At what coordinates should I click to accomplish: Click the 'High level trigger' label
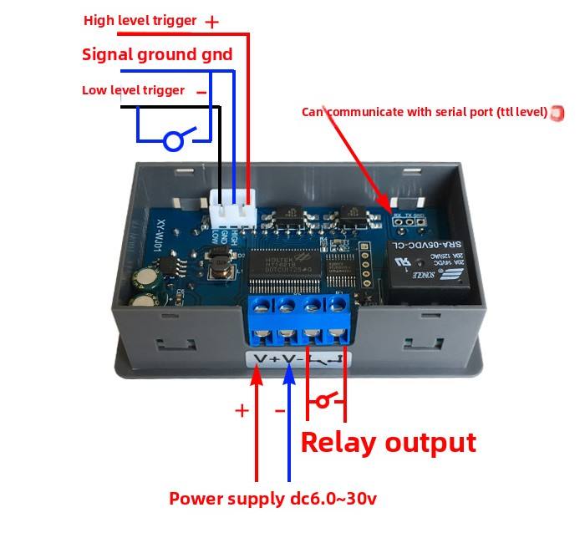click(x=140, y=20)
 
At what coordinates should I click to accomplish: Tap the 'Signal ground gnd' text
click(x=157, y=55)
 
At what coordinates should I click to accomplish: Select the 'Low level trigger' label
click(x=133, y=90)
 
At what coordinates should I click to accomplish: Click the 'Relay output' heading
click(x=388, y=442)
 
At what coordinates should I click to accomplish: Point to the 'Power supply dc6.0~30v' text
click(x=273, y=499)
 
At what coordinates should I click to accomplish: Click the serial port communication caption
click(x=425, y=112)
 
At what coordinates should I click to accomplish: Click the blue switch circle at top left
click(x=173, y=141)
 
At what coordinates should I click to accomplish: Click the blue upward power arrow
click(x=289, y=418)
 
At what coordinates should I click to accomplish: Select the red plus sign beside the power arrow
click(x=242, y=410)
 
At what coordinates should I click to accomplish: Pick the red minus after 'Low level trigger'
click(x=201, y=92)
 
